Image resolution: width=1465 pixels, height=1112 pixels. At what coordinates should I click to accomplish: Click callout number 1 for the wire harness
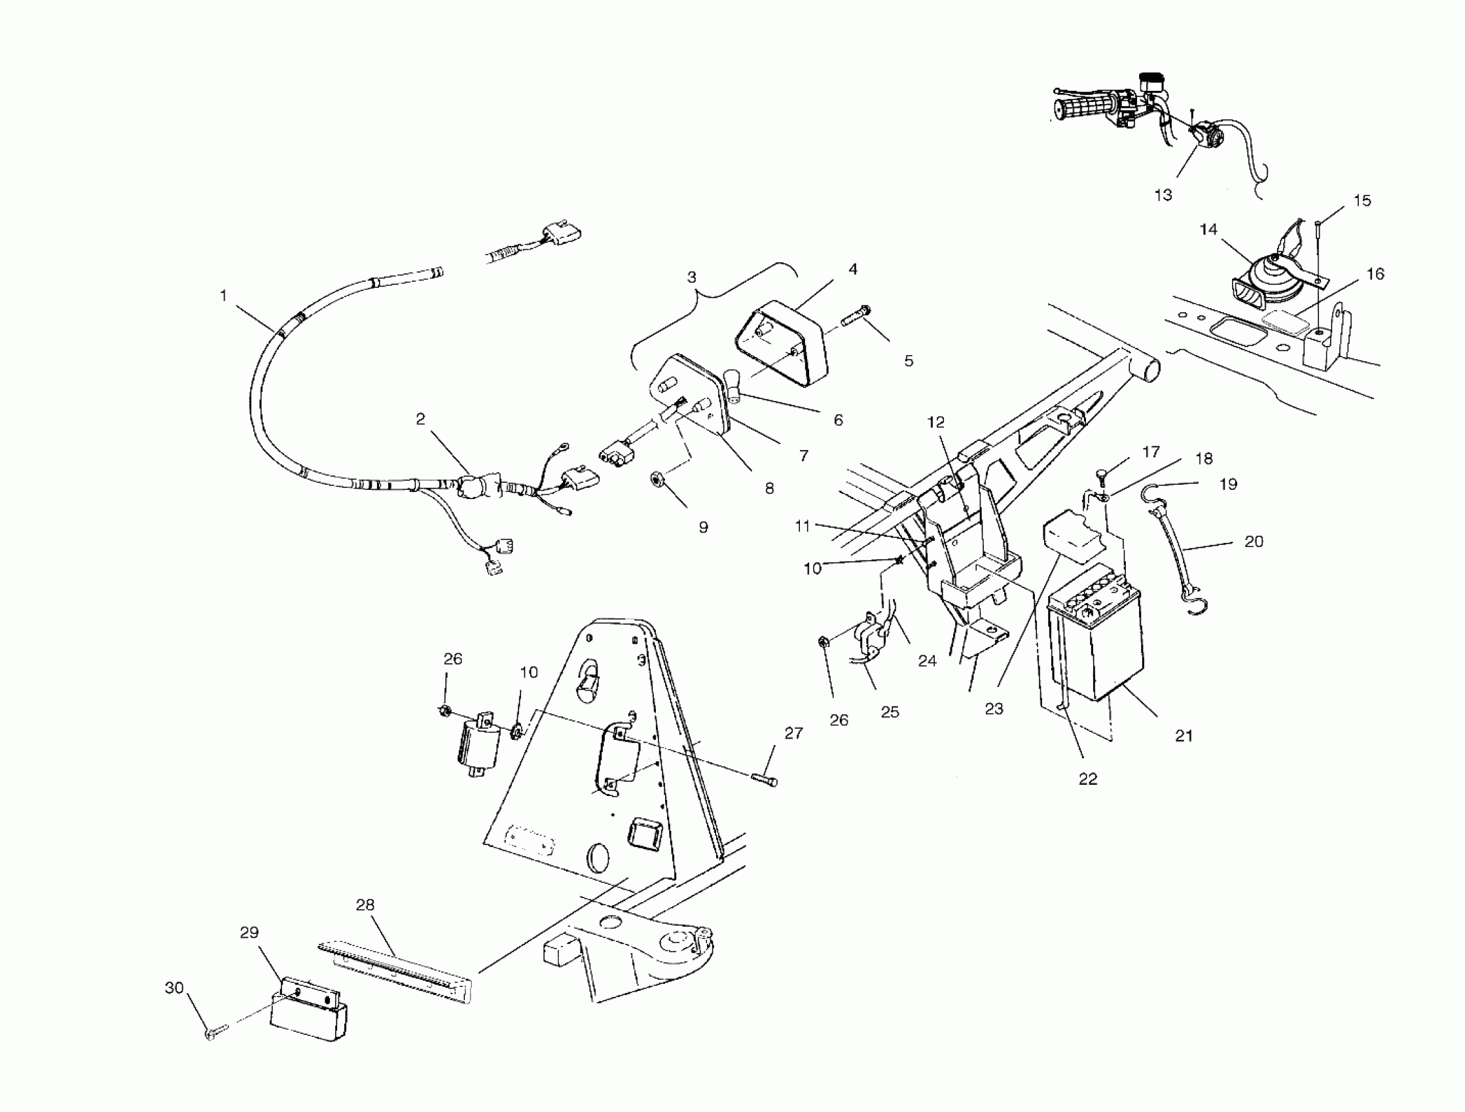223,295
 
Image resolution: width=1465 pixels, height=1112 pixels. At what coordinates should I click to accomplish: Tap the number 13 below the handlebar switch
1163,196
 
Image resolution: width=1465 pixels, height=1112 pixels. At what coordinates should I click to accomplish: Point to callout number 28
365,904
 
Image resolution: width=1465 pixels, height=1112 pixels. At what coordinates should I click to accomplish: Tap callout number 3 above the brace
691,277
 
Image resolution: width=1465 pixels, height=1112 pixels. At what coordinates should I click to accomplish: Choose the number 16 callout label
1375,273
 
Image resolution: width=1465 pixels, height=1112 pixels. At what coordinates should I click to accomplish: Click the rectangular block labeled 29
308,1012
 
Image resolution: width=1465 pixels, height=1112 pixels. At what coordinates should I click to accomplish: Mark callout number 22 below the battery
1087,779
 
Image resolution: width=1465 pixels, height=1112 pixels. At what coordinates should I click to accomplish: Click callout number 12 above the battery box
935,422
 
